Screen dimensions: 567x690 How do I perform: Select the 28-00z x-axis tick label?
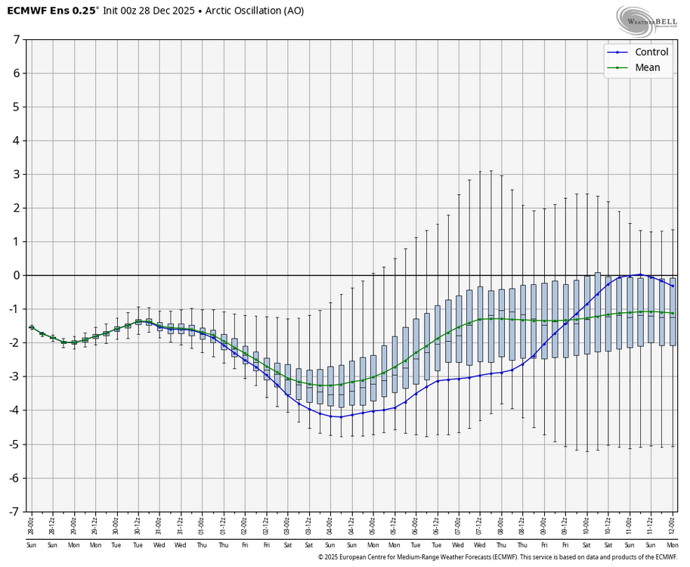point(31,525)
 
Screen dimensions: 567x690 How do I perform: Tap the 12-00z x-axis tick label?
point(673,525)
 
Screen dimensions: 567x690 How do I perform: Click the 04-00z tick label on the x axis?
point(330,525)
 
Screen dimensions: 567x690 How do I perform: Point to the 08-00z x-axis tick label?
point(501,525)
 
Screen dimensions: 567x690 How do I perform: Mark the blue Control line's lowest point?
point(341,417)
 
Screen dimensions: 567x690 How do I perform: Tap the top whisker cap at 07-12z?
point(480,172)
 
